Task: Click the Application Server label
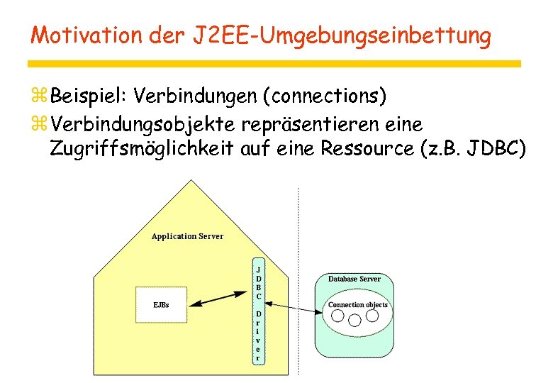187,236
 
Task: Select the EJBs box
161,304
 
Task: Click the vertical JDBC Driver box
259,312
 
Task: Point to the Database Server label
354,279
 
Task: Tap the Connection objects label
357,305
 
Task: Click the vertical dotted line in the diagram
298,284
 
